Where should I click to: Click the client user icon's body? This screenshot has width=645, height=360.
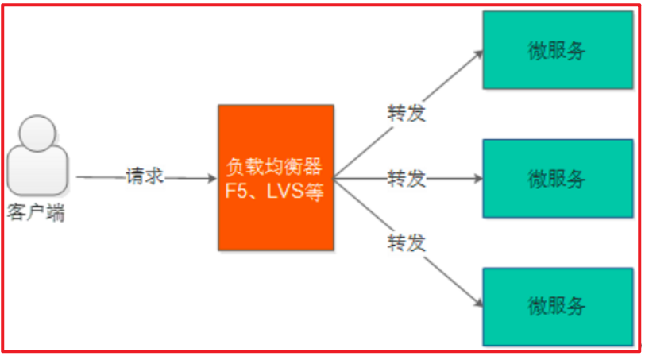tap(37, 177)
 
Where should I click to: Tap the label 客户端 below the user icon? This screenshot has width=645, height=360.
tap(37, 214)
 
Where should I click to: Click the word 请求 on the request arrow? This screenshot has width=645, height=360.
tap(145, 176)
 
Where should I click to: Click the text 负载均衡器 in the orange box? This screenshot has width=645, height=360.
tap(276, 168)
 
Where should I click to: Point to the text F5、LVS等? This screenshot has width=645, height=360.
tap(276, 192)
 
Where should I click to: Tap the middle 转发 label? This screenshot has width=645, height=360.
tap(407, 178)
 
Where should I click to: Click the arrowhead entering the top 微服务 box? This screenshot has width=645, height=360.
tap(479, 54)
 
